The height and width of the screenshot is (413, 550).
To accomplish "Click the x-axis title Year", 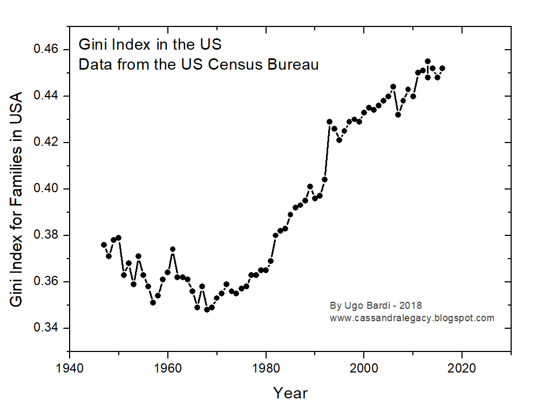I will [x=290, y=393].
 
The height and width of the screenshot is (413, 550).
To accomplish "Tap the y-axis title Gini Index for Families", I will [x=17, y=200].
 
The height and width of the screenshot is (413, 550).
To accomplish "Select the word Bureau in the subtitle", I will [x=295, y=65].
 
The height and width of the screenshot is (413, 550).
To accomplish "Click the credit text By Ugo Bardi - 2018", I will [x=376, y=306].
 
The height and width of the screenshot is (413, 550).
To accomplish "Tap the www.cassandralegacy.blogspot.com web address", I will [x=412, y=318].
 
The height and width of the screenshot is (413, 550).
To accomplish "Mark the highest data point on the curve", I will [x=427, y=62].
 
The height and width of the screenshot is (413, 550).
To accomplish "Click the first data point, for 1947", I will [x=104, y=245].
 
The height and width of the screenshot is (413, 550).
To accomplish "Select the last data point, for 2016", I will [x=443, y=68].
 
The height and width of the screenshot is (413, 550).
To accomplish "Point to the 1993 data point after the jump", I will [x=329, y=121].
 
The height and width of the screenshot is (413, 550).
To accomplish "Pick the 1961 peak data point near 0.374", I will [x=172, y=249].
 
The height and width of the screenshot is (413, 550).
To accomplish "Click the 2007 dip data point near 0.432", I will [x=398, y=114].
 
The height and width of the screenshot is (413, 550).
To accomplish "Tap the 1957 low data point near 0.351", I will [x=153, y=302].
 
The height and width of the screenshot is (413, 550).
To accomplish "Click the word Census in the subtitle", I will [x=234, y=65].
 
